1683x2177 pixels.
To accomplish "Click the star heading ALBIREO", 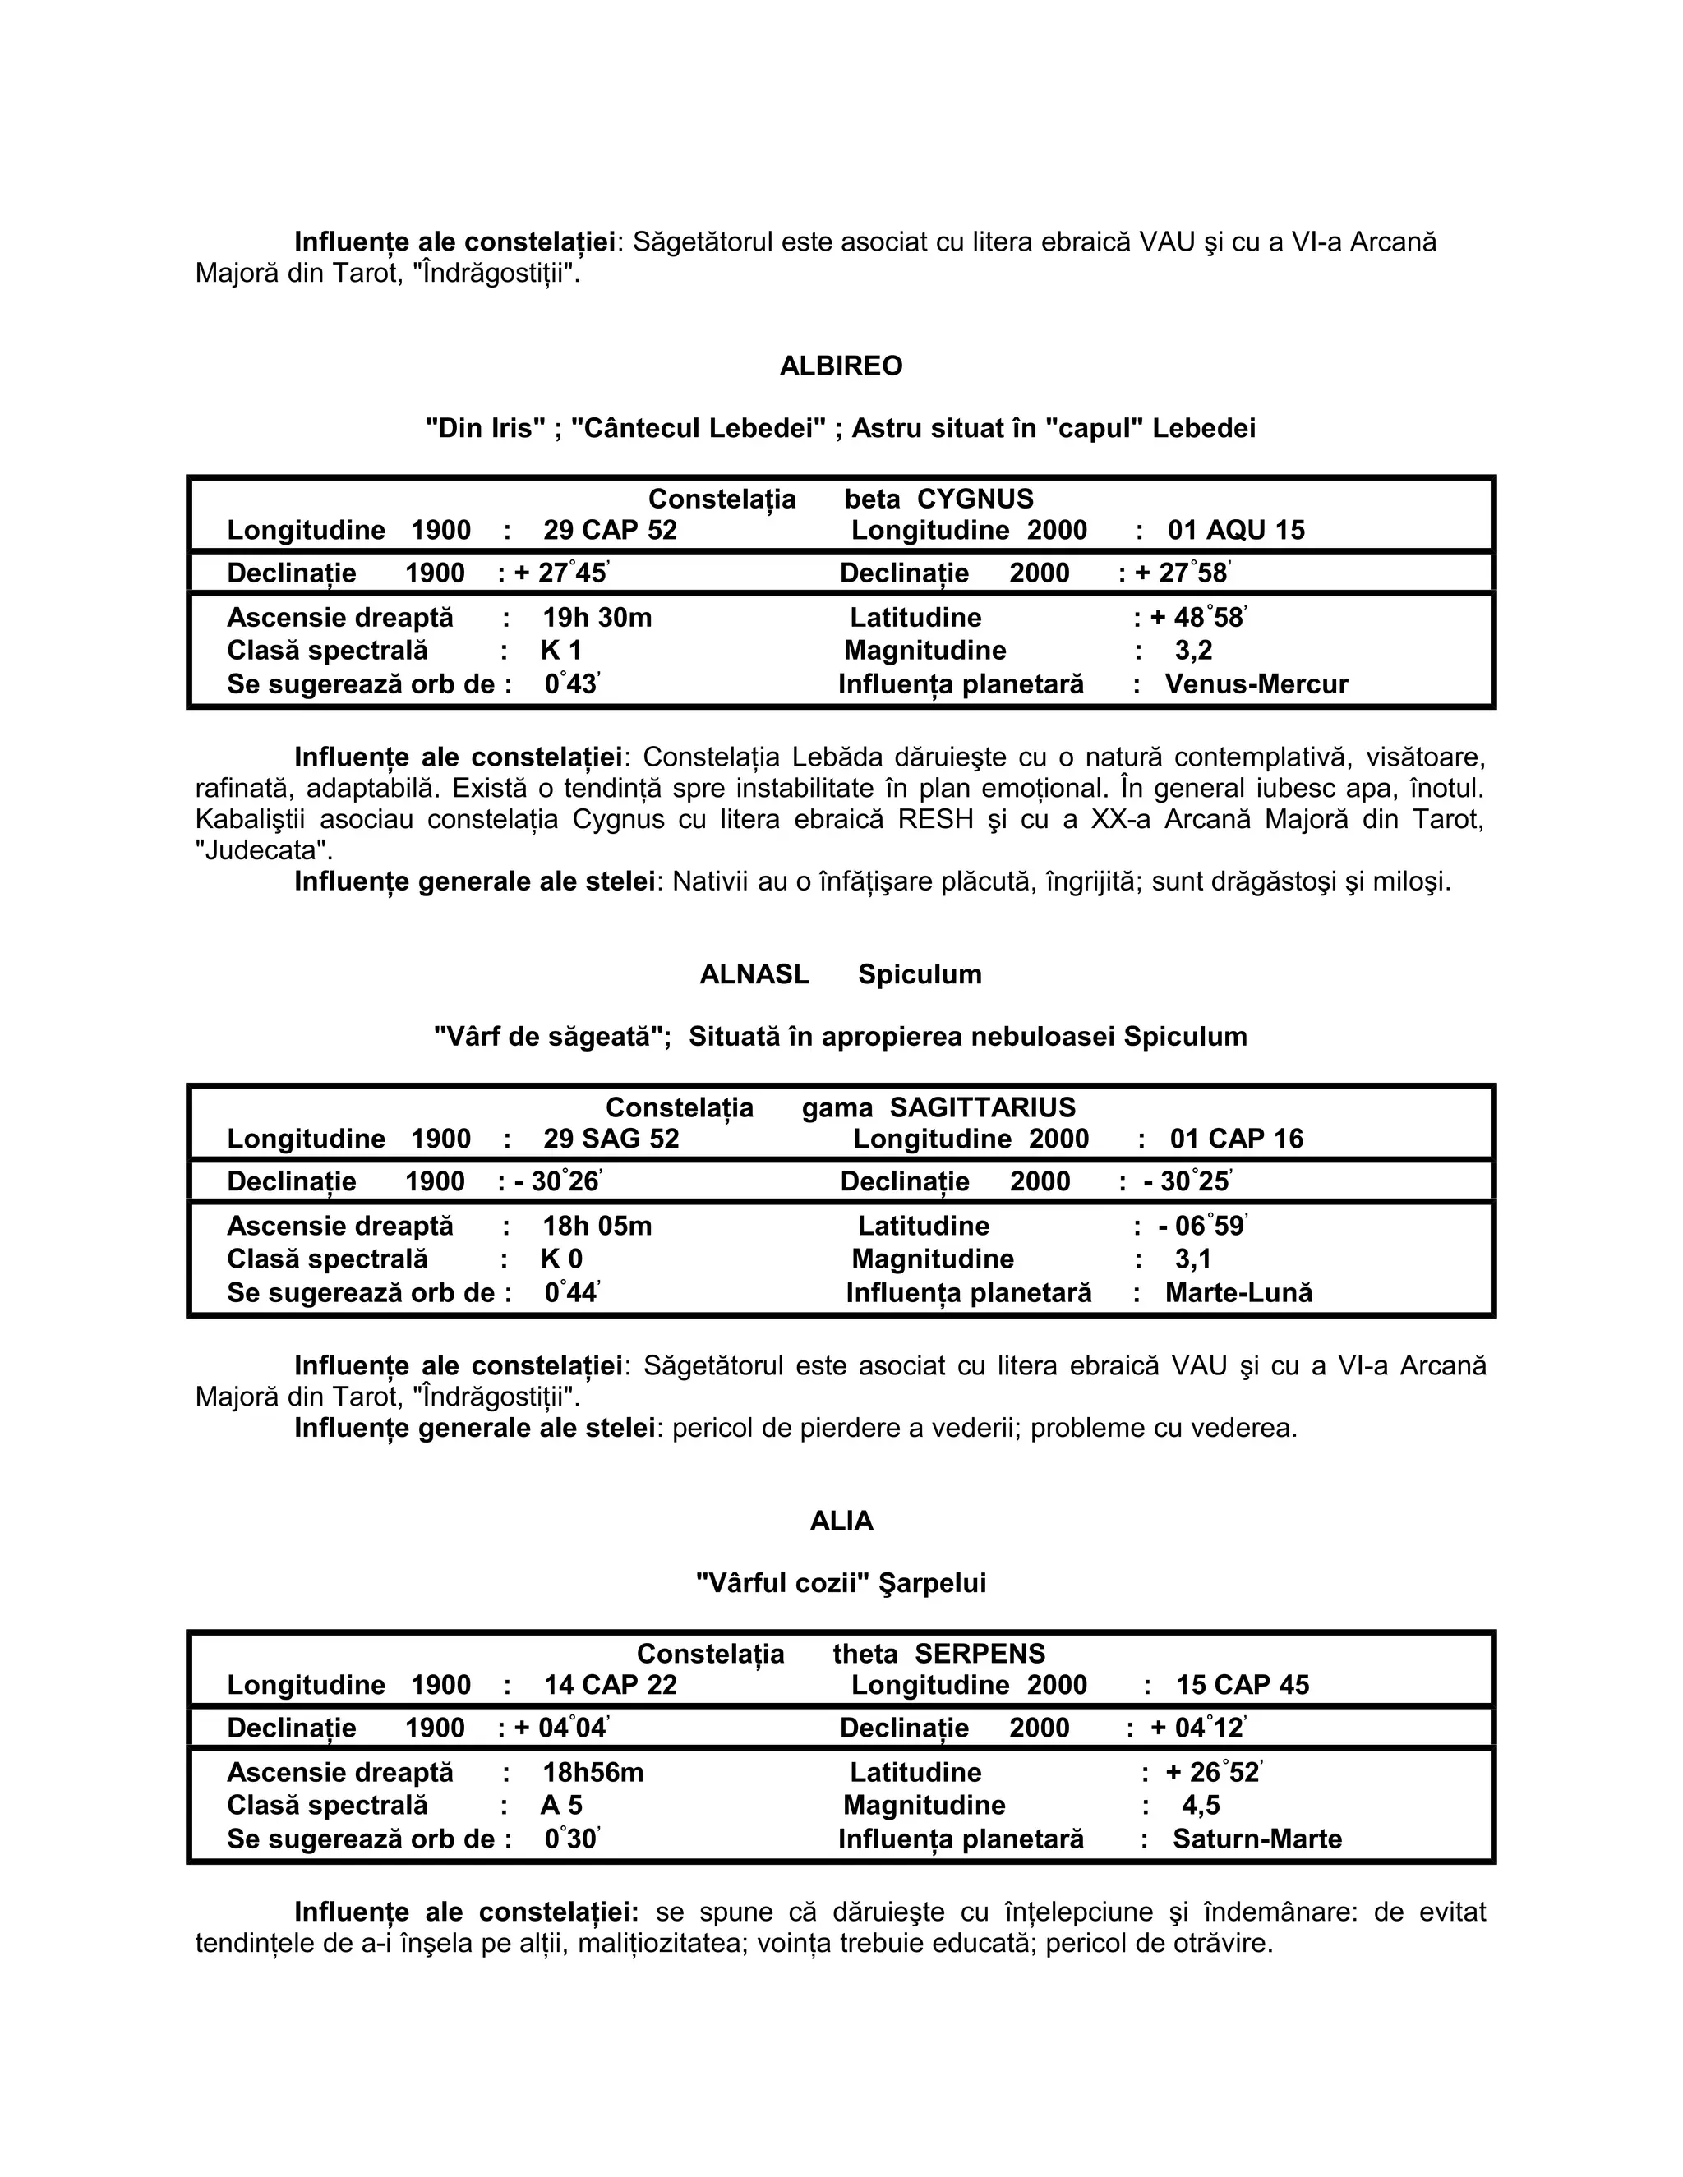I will pos(841,367).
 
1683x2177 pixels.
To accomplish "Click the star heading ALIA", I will pos(841,1521).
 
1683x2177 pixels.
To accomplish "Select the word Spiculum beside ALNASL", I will pos(920,975).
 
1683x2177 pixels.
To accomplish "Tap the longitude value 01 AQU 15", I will pos(1236,531).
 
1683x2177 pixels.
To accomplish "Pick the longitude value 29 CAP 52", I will pos(611,531).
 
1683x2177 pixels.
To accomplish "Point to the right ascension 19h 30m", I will pos(597,618).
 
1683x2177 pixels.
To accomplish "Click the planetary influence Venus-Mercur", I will pos(1256,685).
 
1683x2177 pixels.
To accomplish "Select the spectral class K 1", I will pos(561,651).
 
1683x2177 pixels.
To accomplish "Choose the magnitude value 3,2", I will pos(1193,651).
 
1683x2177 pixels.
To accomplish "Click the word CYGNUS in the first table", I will pos(975,499).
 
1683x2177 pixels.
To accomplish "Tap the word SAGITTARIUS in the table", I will pos(982,1107).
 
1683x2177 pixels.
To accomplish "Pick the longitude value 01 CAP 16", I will pos(1236,1139).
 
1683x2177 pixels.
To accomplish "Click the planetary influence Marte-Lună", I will pos(1238,1293).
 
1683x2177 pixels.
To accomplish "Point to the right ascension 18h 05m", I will pos(597,1226).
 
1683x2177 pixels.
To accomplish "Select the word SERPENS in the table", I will pos(980,1654).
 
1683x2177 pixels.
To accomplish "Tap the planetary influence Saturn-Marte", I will pos(1257,1839).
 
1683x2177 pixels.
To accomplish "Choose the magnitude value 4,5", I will pos(1201,1805).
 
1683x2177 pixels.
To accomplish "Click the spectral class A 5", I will pos(561,1805).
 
